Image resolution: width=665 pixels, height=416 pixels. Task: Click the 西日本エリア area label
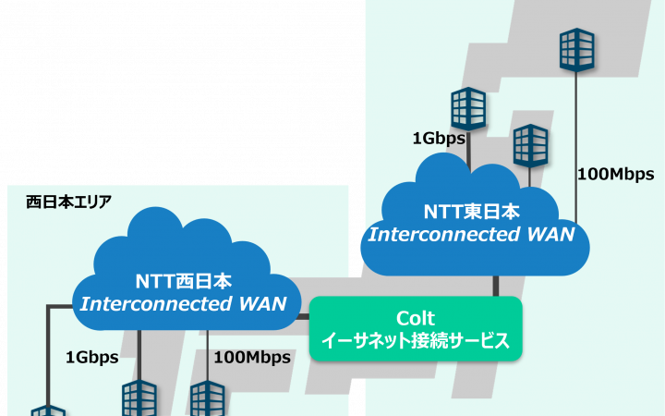(69, 201)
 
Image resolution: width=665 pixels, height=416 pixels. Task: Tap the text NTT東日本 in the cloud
(472, 212)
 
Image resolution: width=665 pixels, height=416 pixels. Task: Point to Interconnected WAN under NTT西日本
(183, 303)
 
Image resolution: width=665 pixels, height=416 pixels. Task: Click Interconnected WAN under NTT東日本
(472, 234)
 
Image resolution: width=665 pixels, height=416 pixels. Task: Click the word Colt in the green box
(415, 318)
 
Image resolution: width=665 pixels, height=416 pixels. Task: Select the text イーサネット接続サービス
(415, 341)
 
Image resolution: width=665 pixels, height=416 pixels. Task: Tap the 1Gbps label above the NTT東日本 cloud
(438, 139)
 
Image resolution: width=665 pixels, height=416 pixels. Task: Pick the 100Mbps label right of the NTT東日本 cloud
(615, 174)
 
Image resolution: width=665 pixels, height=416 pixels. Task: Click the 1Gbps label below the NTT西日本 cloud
(91, 356)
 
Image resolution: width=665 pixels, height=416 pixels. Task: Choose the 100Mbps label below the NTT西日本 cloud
(252, 356)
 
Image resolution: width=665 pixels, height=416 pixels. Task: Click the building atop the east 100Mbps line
(576, 50)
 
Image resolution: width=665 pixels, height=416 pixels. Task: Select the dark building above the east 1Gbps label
(468, 109)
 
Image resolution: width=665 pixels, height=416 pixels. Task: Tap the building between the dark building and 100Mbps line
(531, 145)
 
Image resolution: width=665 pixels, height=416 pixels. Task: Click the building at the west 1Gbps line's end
(139, 399)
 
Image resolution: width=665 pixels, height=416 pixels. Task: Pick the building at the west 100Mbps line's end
(207, 399)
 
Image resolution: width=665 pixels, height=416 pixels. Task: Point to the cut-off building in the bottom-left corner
(46, 410)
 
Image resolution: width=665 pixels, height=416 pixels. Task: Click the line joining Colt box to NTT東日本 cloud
(496, 286)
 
